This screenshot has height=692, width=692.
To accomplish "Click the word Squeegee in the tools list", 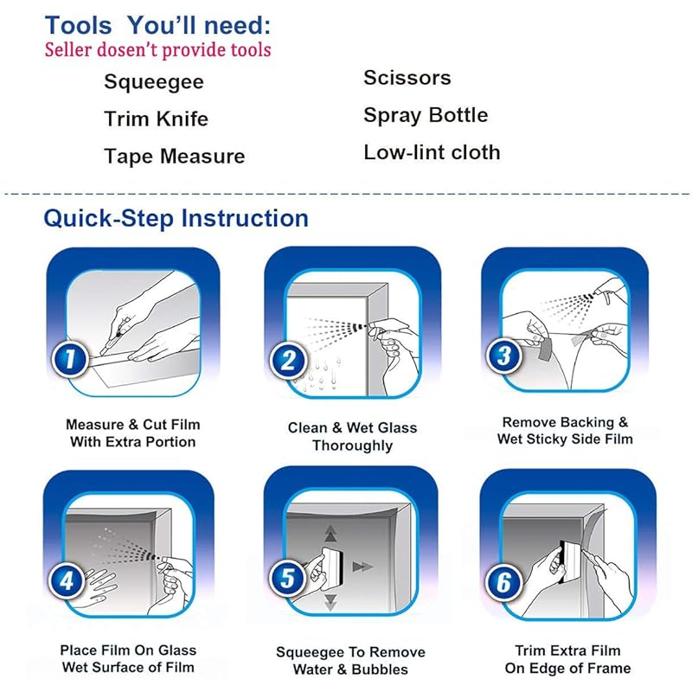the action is coord(154,82).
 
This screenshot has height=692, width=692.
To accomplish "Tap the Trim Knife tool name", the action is coord(156,119).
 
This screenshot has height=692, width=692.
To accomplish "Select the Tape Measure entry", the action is coord(175,157).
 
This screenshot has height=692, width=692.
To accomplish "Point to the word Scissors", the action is coord(407,78).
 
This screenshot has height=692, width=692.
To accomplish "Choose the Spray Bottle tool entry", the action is coord(426,116).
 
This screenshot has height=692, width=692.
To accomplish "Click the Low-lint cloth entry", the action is coord(432,153).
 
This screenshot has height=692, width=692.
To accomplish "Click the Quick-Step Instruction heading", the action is coord(176,219).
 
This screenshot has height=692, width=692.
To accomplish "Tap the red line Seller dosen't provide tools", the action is coord(157,50).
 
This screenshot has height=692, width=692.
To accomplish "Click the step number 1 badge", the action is coord(70,358).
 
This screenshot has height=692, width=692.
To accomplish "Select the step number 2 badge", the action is coord(289,360).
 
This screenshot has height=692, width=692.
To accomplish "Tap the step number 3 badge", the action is coord(504,356).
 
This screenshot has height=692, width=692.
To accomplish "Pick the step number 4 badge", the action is coord(67,580).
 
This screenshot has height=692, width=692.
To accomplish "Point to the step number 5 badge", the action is coord(288,578).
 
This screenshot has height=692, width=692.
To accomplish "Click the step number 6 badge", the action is coord(504,582).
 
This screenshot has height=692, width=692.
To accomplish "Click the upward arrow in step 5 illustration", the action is coord(331,534).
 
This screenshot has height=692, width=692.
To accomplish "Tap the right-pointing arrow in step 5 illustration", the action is coord(362,567).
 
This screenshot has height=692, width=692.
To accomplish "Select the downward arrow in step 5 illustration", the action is coord(331,602).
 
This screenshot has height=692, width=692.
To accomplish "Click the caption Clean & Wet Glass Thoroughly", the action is coord(352,437).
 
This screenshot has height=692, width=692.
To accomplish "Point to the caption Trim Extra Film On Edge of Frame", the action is coord(568,659).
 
